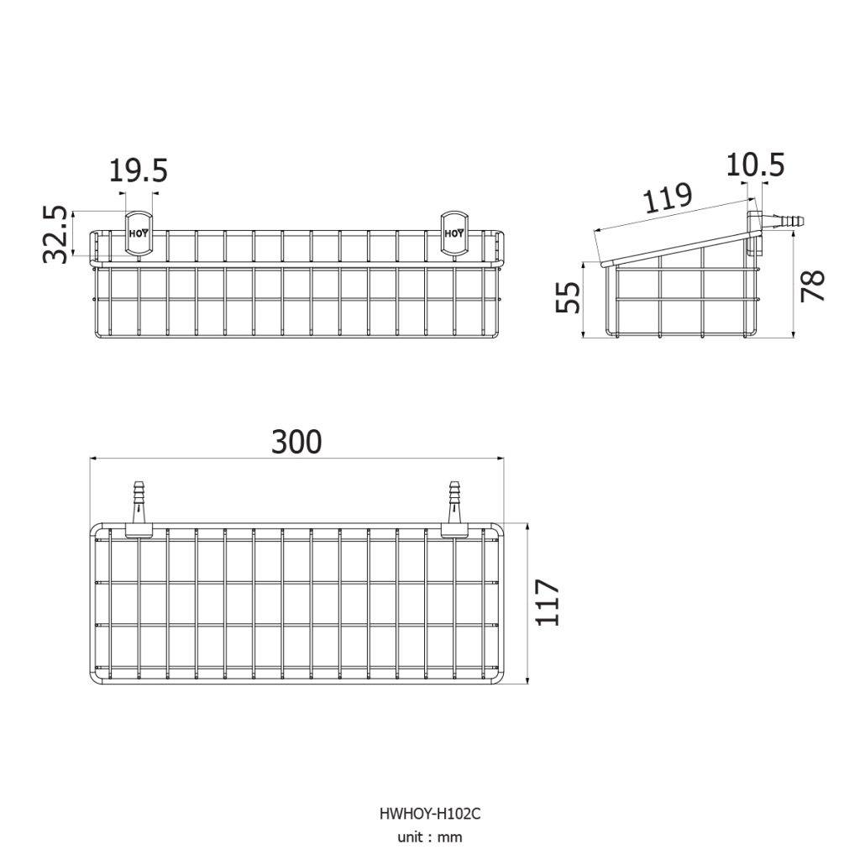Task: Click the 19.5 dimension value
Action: (139, 170)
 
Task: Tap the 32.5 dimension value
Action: (55, 235)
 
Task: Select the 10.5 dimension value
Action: (755, 165)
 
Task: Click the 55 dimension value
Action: (568, 297)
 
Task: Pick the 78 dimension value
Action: (813, 286)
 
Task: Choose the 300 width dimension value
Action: (296, 442)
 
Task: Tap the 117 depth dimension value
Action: (548, 601)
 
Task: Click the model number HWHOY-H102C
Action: (430, 813)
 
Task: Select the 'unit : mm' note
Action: (430, 837)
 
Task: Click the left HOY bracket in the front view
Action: (139, 233)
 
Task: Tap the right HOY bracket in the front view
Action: (454, 233)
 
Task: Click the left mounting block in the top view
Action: (139, 531)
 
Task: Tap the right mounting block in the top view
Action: (454, 531)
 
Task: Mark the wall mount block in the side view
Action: (755, 234)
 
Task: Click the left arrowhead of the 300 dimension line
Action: (93, 458)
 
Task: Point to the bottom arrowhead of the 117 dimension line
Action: (527, 680)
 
